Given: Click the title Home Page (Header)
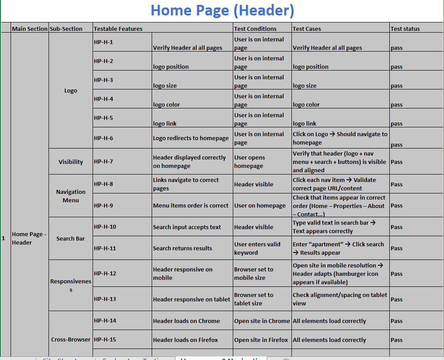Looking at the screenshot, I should click(x=222, y=10).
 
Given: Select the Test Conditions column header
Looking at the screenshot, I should click(x=255, y=29).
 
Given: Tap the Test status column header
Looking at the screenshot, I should click(x=405, y=29).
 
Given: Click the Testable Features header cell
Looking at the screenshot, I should click(x=118, y=29).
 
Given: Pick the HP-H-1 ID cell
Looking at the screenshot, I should click(x=104, y=42).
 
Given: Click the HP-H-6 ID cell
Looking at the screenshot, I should click(x=104, y=138).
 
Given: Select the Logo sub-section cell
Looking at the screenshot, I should click(x=71, y=90).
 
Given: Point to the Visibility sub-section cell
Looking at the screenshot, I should click(x=71, y=162).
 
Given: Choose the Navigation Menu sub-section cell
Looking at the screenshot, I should click(x=71, y=196).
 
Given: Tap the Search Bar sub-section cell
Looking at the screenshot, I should click(x=71, y=238).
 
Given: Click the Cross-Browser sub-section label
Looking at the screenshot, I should click(x=71, y=340).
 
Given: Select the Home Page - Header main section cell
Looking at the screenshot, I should click(x=29, y=238).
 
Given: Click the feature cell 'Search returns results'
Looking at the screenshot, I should click(x=183, y=248).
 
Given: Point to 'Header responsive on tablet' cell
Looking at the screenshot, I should click(x=191, y=299).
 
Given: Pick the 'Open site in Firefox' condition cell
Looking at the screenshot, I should click(x=261, y=340).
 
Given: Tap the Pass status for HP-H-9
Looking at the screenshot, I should click(x=396, y=205).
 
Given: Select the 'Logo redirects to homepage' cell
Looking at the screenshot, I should click(x=191, y=138).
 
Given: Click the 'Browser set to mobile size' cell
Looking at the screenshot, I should click(x=254, y=273).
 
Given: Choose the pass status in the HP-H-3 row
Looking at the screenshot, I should click(x=396, y=86).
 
